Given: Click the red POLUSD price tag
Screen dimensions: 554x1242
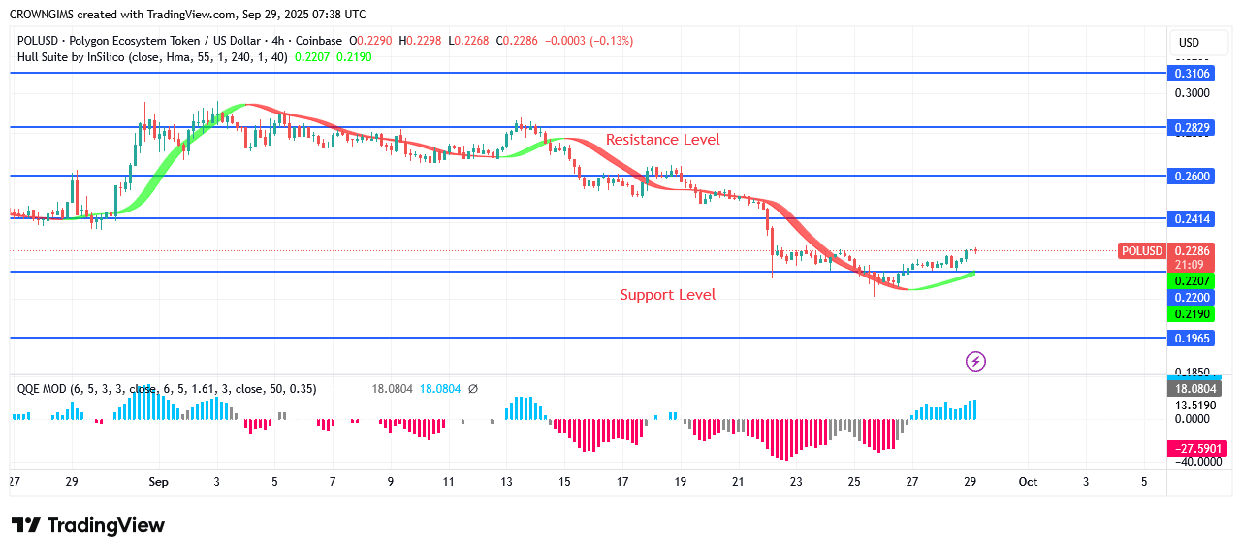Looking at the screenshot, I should tap(1141, 251).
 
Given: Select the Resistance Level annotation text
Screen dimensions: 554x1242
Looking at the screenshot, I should tap(662, 140).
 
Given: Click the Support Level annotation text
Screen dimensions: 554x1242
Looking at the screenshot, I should tap(667, 294).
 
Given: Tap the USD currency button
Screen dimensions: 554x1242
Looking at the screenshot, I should tap(1189, 42).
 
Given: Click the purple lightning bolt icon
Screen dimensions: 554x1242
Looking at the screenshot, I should tap(975, 361).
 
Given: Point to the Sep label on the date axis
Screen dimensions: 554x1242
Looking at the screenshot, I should tap(159, 482).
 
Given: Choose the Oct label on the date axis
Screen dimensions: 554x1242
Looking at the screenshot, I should tap(1029, 482).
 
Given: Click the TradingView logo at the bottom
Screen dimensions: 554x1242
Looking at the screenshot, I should tap(88, 525).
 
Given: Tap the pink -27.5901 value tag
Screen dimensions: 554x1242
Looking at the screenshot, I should tap(1194, 448).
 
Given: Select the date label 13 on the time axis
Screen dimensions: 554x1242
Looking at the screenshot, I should tap(505, 482).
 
